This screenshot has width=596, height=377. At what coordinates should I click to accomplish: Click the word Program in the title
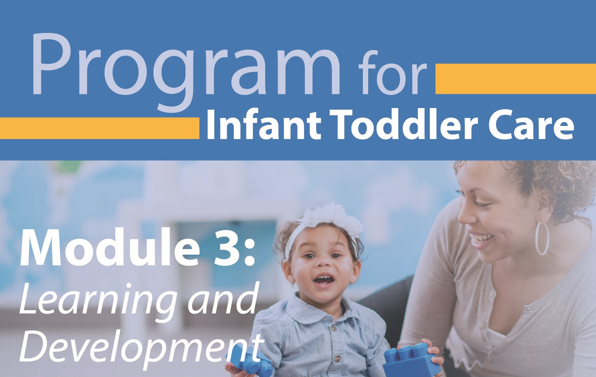point(186,70)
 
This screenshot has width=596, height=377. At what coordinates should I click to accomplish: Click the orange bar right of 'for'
point(516,79)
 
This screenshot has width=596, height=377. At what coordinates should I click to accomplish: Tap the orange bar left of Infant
point(99,128)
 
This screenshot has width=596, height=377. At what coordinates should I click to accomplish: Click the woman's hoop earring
point(542,238)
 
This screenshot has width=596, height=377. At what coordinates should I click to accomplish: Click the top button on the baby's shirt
point(332,329)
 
